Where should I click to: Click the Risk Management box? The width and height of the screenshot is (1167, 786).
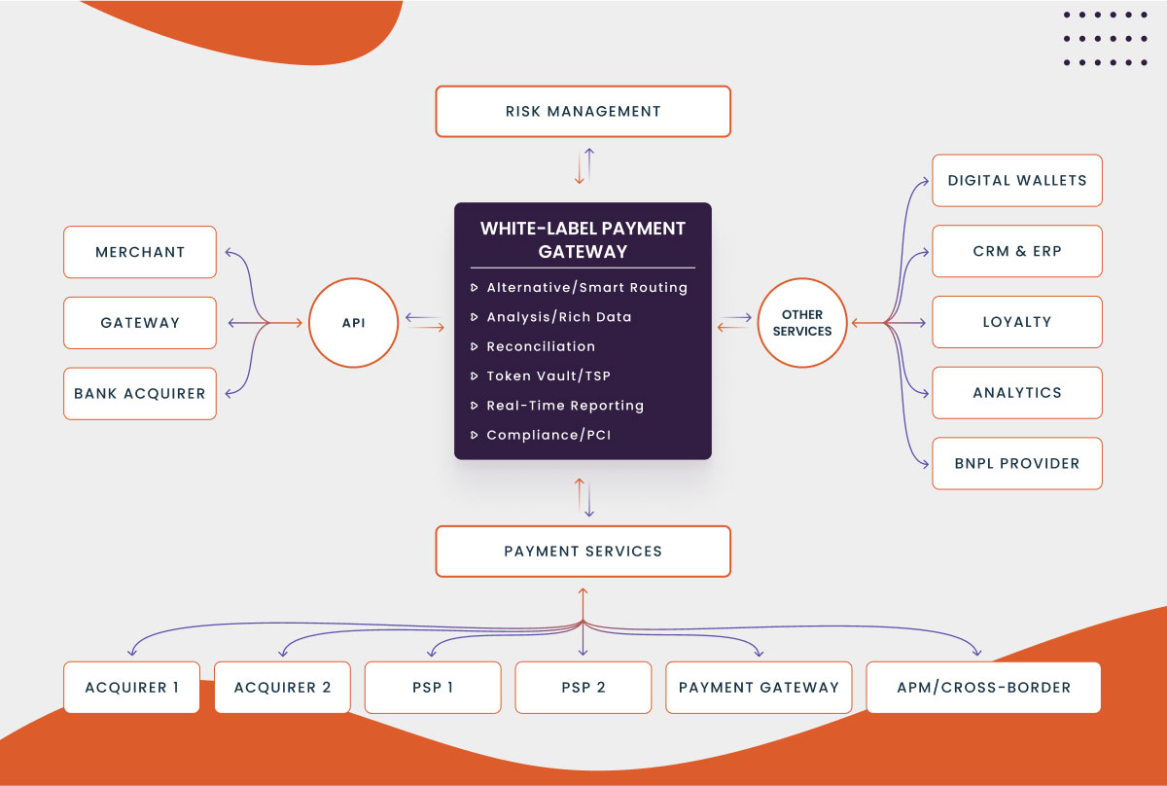[x=583, y=111]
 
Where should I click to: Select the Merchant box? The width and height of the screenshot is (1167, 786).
[x=140, y=252]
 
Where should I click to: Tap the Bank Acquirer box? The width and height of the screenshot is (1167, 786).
[x=140, y=394]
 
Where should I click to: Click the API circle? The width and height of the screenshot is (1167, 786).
[x=354, y=323]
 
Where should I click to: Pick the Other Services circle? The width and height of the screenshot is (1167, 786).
[x=802, y=323]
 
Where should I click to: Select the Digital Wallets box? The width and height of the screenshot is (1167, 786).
[x=1017, y=180]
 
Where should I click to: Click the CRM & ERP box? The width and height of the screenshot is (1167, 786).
[x=1017, y=251]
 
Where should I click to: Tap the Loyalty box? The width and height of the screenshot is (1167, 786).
[x=1017, y=322]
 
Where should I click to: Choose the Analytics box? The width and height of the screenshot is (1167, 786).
[x=1017, y=393]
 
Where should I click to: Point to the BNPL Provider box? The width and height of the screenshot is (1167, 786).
[x=1017, y=463]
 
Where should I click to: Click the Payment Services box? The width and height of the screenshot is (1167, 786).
[x=583, y=552]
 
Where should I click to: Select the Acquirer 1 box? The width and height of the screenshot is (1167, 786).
[x=131, y=688]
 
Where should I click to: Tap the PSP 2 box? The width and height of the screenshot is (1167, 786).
[x=583, y=688]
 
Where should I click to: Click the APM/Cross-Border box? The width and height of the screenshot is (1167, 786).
[x=983, y=688]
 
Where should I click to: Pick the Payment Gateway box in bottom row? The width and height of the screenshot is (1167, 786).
[x=759, y=688]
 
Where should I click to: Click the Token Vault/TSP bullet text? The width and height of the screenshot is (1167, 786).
[x=548, y=375]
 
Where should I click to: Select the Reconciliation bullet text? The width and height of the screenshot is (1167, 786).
[x=541, y=346]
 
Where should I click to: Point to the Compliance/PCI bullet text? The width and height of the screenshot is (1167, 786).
[x=548, y=435]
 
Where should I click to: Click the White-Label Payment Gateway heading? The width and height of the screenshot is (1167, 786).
[x=583, y=240]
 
